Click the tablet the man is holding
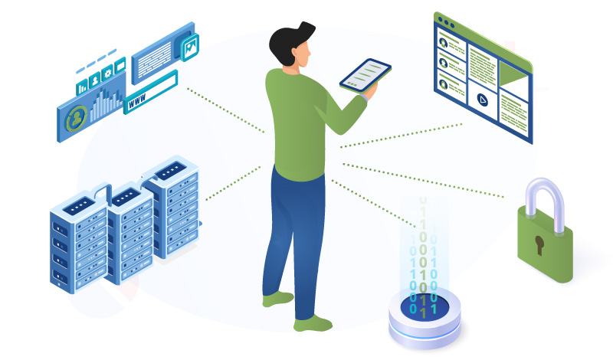pyautogui.click(x=366, y=75)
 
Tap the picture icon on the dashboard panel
pyautogui.click(x=188, y=47)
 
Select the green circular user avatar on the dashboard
pyautogui.click(x=77, y=119)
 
